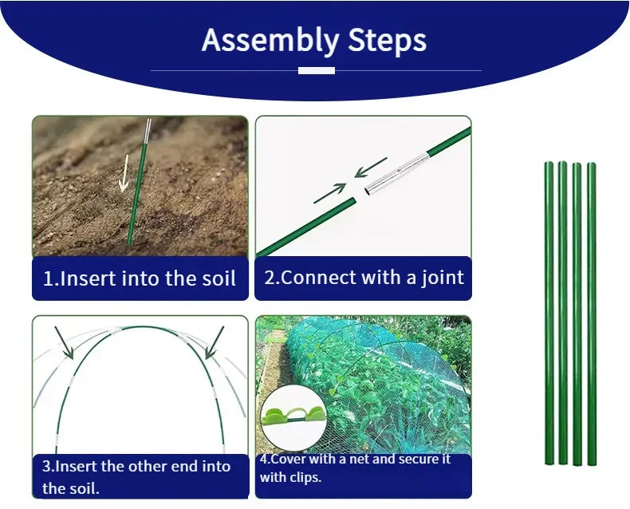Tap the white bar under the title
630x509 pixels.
pos(316,70)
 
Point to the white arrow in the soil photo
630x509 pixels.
pos(124,174)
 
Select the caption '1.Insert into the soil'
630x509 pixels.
pos(140,278)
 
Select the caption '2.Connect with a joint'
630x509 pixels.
pos(364,278)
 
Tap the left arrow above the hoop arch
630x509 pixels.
pos(65,342)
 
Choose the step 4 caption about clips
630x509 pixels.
pos(364,469)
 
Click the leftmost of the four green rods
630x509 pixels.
pos(549,313)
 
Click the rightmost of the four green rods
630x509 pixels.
pos(592,313)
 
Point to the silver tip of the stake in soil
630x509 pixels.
pos(147,129)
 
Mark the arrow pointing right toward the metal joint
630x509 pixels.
pos(329,194)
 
